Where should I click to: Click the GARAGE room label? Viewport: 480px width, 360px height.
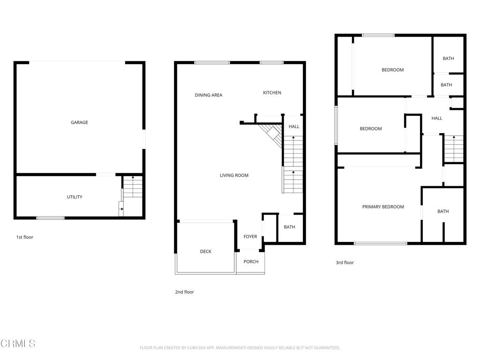pos(79,122)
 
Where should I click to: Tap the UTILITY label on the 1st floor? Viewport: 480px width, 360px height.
pos(75,197)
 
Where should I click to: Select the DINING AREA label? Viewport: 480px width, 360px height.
pos(209,95)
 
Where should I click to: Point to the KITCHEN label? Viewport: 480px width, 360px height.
pos(272,92)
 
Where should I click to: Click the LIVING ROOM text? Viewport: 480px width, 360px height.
pos(234,175)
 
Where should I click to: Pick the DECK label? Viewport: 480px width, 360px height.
pos(205,251)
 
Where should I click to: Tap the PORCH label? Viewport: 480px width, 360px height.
pos(251,262)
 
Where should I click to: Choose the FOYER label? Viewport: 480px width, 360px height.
pos(250,236)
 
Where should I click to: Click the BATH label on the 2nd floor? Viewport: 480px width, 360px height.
pos(289,227)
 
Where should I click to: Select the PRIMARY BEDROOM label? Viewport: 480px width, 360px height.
pos(383,207)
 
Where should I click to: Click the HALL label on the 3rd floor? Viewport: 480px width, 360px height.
pos(436,118)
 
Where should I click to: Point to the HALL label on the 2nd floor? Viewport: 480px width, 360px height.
pos(294,127)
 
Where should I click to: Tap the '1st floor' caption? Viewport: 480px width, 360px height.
pos(24,237)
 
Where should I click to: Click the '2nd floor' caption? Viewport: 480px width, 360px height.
pos(184,292)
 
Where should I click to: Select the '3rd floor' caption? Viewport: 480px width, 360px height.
pos(345,262)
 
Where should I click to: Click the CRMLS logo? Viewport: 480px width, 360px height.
pos(18,344)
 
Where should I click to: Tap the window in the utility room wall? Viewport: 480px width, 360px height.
pos(51,218)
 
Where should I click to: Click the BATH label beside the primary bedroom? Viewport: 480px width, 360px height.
pos(443,211)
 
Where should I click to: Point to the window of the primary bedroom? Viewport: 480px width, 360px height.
pos(381,243)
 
